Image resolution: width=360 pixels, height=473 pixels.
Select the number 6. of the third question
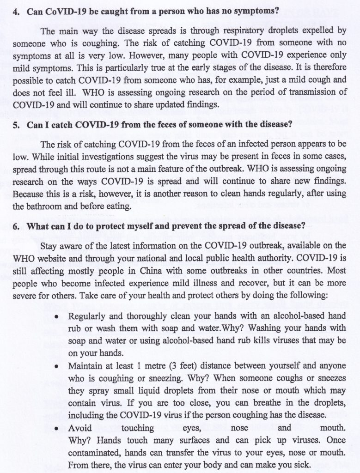pyautogui.click(x=16, y=227)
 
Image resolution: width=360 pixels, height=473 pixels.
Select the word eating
pyautogui.click(x=119, y=206)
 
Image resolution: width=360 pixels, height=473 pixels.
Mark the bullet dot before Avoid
pyautogui.click(x=56, y=429)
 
